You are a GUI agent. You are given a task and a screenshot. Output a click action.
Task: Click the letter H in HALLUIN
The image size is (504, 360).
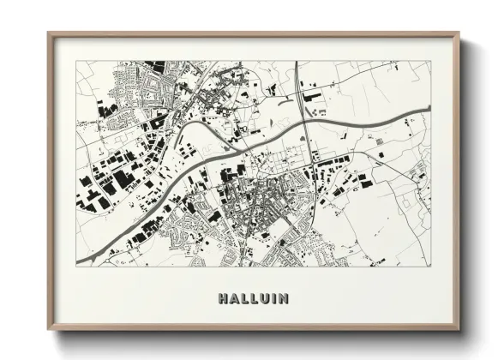click(x=224, y=299)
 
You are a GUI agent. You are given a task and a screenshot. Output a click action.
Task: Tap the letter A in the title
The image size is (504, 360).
click(x=234, y=299)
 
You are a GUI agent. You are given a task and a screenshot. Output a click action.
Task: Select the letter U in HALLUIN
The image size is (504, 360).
click(x=263, y=299)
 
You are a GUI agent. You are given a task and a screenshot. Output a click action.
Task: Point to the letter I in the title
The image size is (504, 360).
click(x=273, y=299)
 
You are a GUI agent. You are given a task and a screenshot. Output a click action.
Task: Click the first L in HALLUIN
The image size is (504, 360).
click(x=244, y=299)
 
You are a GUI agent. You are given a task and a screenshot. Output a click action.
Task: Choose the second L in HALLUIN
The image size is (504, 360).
click(x=254, y=299)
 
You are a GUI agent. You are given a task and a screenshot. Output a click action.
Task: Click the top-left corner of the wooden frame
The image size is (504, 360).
click(x=48, y=33)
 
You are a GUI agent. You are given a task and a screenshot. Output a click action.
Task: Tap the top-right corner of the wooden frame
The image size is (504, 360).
click(x=459, y=33)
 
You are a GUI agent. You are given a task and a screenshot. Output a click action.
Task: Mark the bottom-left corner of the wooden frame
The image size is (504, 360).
click(x=48, y=331)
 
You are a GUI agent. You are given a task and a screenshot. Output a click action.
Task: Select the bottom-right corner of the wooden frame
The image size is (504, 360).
click(x=459, y=331)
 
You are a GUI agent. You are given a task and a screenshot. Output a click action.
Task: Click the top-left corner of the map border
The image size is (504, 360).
click(x=76, y=61)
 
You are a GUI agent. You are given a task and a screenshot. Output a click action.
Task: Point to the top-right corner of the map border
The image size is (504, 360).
click(x=431, y=61)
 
